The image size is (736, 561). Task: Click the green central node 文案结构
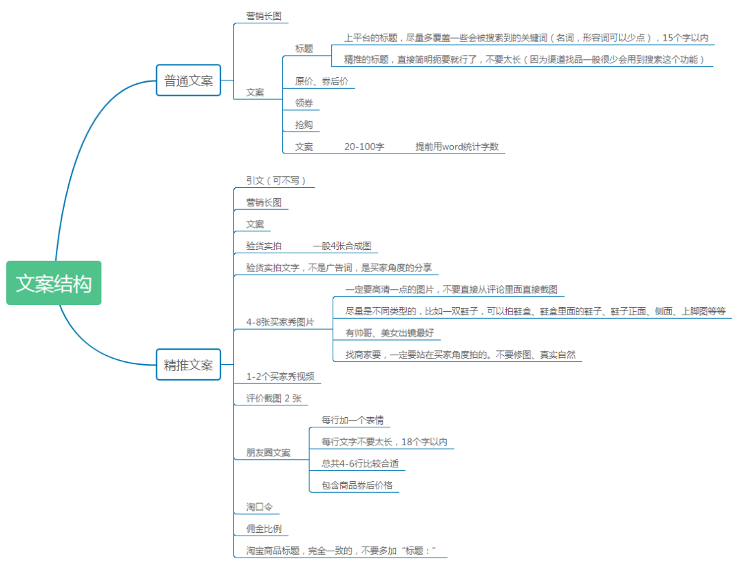54,283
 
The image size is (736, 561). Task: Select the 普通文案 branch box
188,81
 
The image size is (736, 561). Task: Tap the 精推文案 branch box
188,365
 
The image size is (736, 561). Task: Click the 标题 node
304,49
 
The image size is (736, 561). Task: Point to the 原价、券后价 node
322,81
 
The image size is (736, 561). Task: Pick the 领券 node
304,103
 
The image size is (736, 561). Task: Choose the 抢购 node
304,125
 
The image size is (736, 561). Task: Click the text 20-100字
364,147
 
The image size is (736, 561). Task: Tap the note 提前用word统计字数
456,147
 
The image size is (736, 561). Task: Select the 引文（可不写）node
275,180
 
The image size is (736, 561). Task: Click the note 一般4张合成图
341,246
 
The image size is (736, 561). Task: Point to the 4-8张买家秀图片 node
280,321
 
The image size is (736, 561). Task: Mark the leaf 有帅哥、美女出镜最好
390,333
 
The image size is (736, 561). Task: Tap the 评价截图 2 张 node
273,398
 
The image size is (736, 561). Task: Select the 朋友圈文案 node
268,452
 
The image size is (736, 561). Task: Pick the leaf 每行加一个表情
353,420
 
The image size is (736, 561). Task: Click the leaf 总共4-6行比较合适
360,463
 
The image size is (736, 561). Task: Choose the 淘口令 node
260,507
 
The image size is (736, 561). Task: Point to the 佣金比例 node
264,529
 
